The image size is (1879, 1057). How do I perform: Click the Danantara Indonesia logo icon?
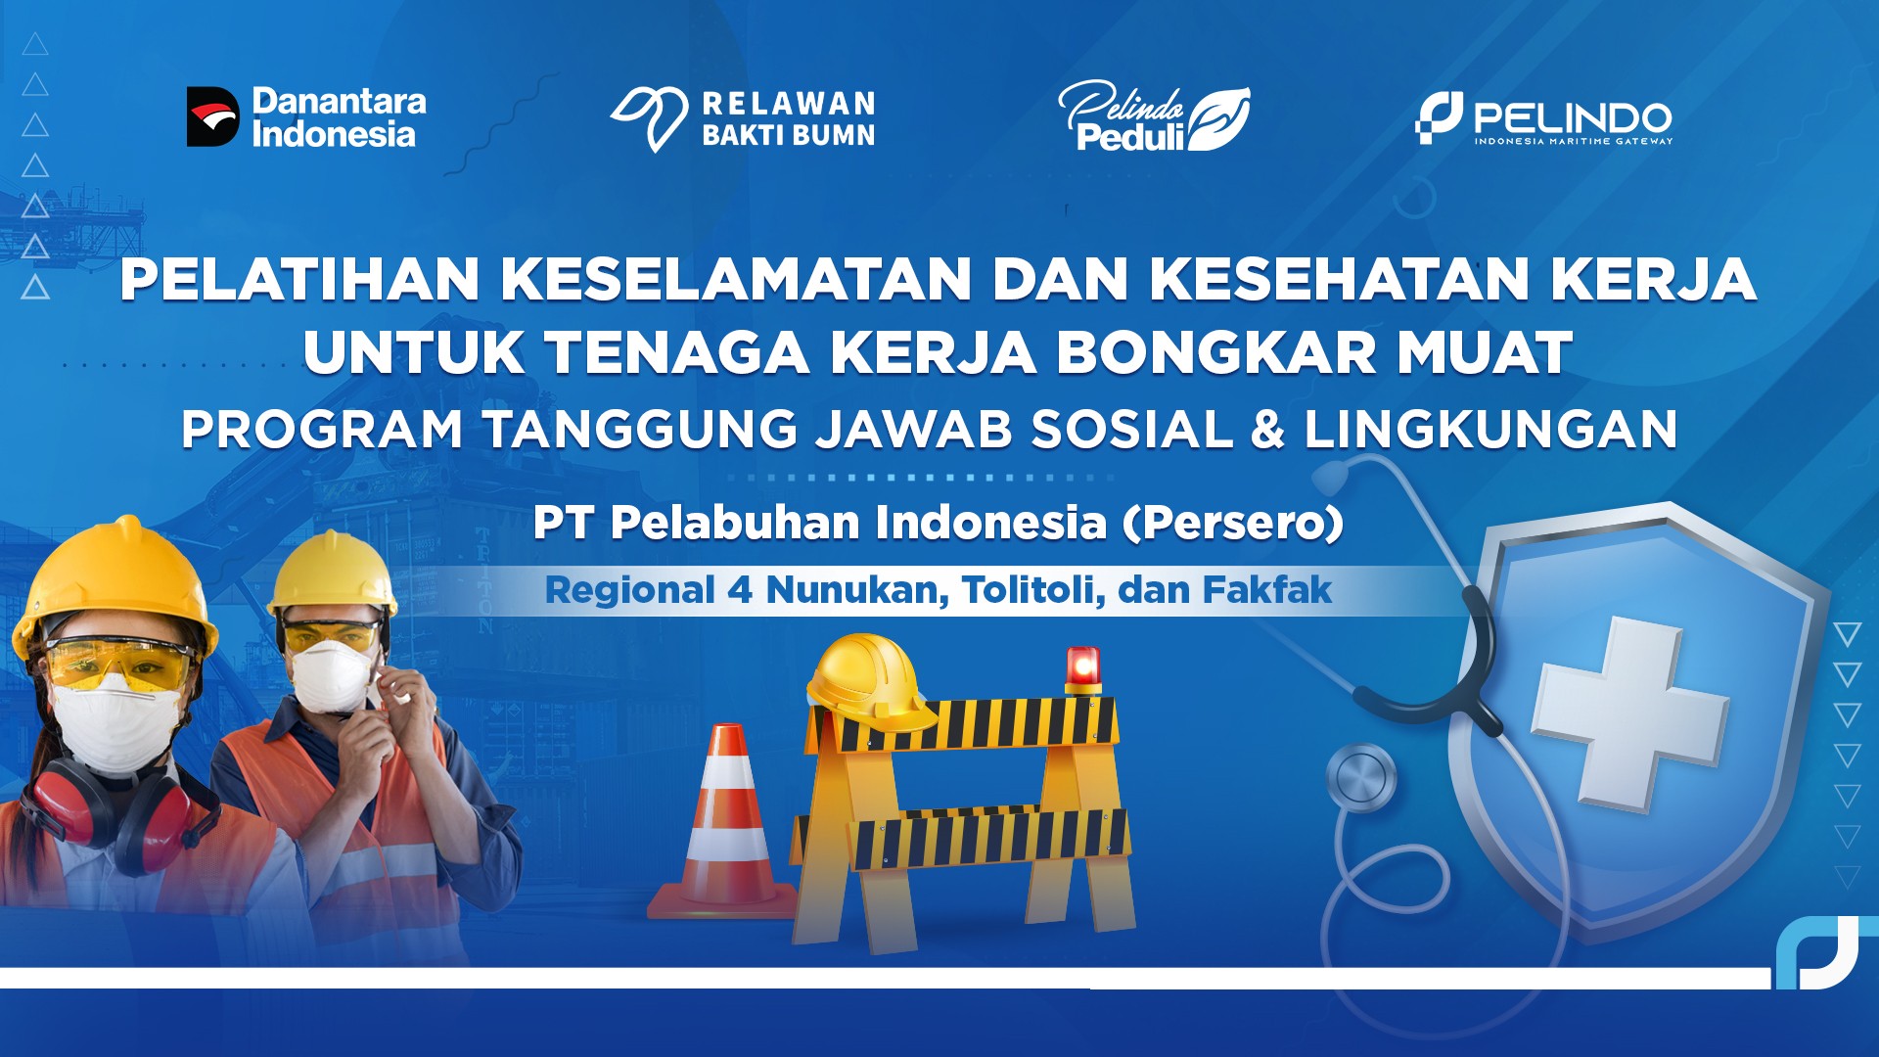[213, 116]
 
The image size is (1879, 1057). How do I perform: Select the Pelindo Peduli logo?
[1154, 115]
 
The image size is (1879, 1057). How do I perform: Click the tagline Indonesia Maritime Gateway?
[1574, 141]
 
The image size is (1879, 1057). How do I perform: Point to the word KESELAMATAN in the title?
[737, 279]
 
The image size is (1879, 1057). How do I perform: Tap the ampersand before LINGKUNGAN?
[1268, 430]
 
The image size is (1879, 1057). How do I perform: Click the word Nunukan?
[857, 590]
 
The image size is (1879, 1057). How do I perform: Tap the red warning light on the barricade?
[1083, 670]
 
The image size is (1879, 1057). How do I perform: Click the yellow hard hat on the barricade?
[868, 683]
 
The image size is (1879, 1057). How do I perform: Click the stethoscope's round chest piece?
[1361, 778]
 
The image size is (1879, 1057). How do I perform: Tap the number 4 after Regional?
[739, 591]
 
